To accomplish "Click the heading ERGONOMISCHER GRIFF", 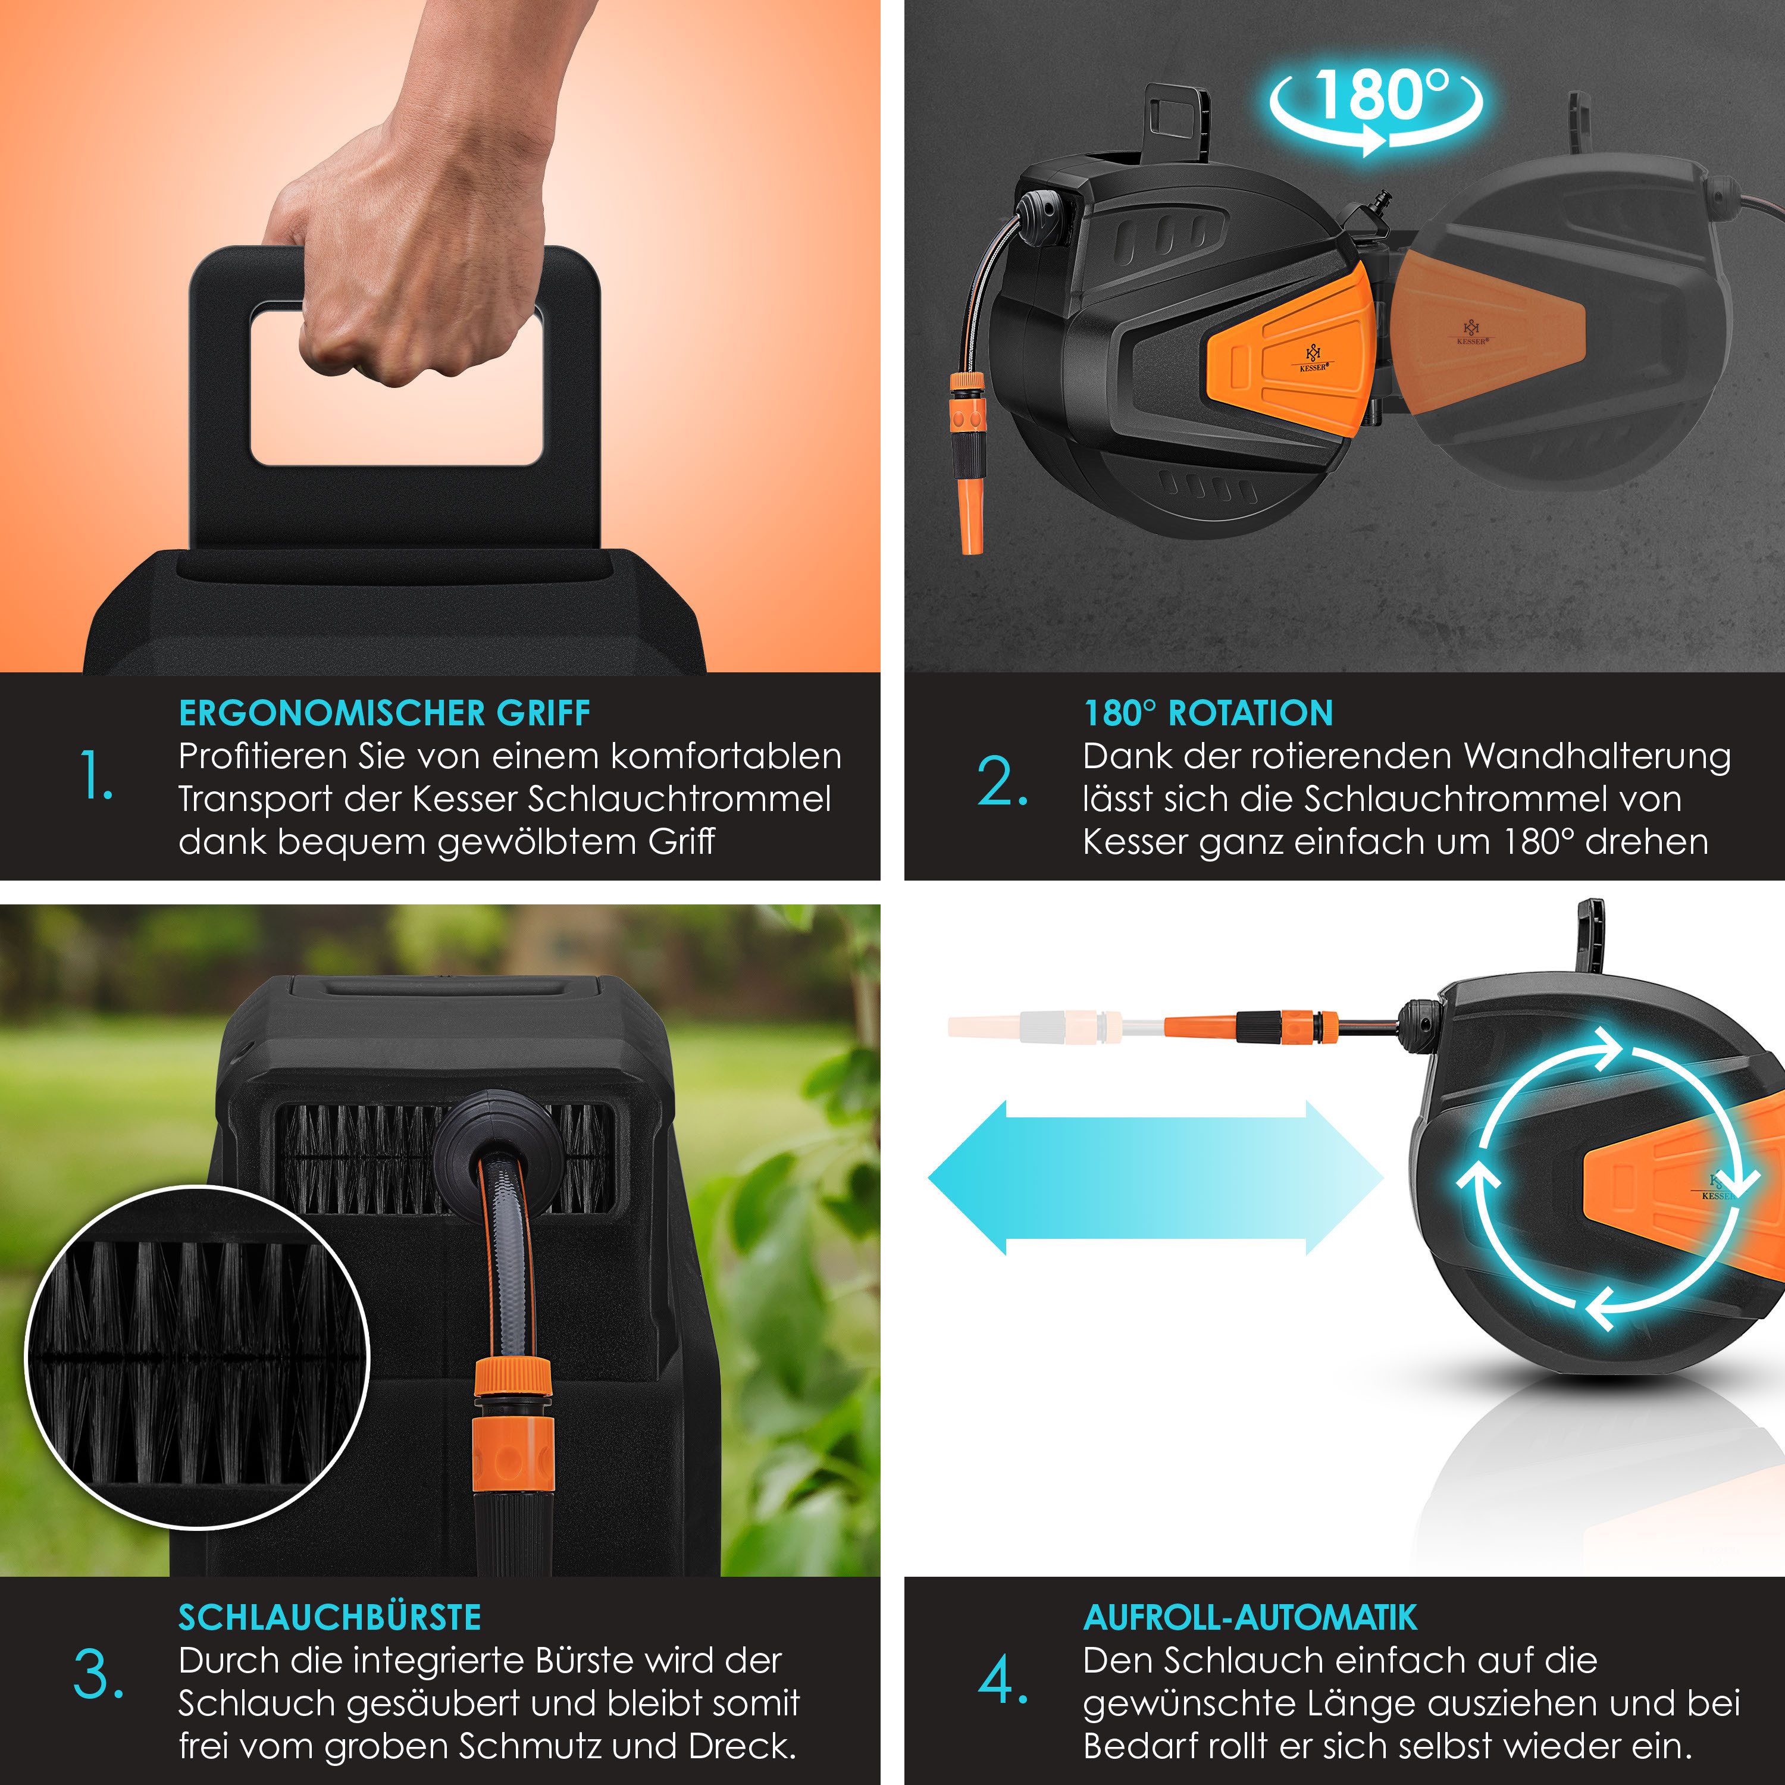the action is [x=384, y=713].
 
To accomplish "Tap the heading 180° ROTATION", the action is [x=1208, y=713].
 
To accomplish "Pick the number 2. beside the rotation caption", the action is [x=1003, y=782].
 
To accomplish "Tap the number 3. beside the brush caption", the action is [x=98, y=1674].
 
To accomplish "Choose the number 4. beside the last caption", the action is [x=1003, y=1681].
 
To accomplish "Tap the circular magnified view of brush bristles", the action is [x=197, y=1357].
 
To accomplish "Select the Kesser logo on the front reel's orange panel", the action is [x=1314, y=358].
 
